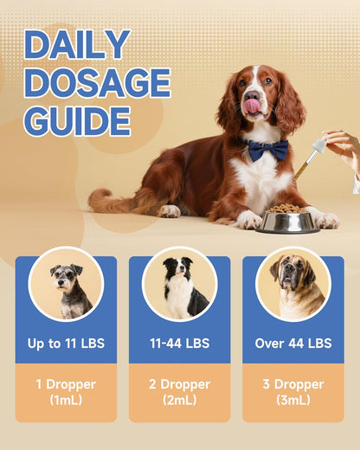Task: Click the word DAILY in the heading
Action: (77, 45)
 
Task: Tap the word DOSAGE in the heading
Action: (97, 83)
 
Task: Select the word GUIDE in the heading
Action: (77, 121)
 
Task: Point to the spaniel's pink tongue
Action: (252, 106)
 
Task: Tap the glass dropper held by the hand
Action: (309, 162)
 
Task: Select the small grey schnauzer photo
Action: (67, 283)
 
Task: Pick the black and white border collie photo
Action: (180, 283)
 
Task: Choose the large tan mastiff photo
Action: (292, 283)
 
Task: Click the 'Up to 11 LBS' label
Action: (66, 344)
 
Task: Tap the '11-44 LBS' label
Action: (180, 344)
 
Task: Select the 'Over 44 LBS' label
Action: (292, 344)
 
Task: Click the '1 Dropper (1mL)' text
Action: (66, 392)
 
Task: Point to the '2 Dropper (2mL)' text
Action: (180, 392)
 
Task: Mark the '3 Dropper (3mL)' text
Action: (292, 392)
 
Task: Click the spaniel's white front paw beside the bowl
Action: (248, 221)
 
